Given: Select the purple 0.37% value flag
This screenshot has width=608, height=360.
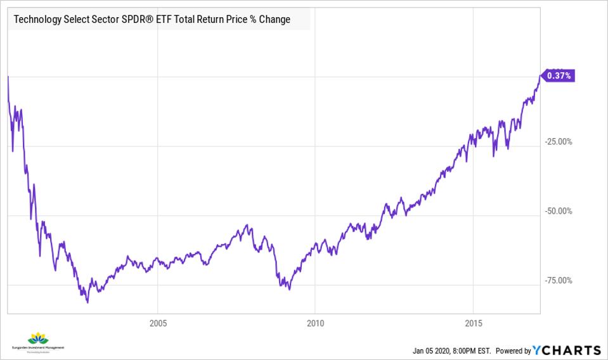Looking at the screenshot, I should click(x=558, y=75).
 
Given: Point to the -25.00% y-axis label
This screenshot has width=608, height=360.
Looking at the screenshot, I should click(x=558, y=141).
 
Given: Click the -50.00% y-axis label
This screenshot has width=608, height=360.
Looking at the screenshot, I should click(x=558, y=211).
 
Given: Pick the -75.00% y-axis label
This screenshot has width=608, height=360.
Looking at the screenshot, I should click(x=558, y=281).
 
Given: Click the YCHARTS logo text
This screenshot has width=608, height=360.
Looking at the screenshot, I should click(x=567, y=350).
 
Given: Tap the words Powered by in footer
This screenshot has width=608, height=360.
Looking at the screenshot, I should click(x=512, y=351).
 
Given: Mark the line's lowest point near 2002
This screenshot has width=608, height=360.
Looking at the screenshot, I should click(x=87, y=302).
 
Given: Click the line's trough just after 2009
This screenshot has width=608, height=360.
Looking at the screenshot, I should click(x=289, y=289).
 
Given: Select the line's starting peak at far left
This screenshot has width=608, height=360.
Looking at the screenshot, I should click(x=8, y=77).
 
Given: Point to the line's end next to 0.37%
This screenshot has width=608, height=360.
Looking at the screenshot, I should click(x=540, y=76).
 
